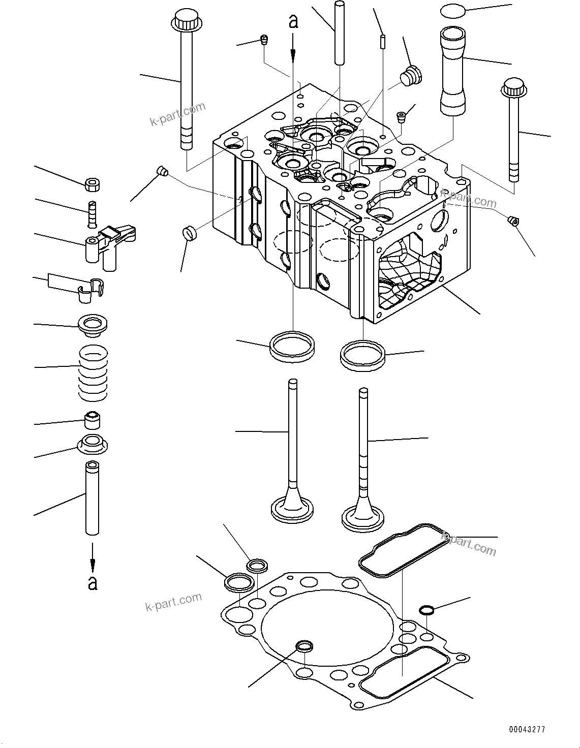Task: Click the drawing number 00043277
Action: (527, 729)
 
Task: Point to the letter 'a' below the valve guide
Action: (93, 582)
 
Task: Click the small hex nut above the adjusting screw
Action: (92, 184)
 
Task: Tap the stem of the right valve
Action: (363, 437)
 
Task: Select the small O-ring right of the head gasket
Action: (426, 609)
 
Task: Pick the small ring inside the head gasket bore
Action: (304, 646)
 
